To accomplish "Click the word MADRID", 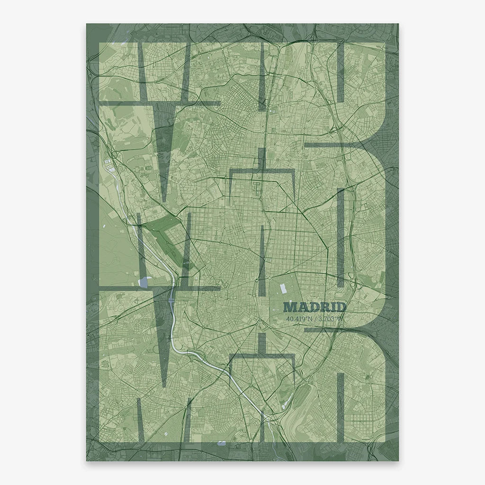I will pos(315,308).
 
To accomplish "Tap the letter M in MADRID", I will pos(289,308).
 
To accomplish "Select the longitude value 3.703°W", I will pos(331,319).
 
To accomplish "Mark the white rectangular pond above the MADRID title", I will pos(283,287).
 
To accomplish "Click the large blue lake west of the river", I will pos(144,283).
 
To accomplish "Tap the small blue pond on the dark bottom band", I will pos(221,443).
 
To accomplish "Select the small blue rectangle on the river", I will pos(171,299).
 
